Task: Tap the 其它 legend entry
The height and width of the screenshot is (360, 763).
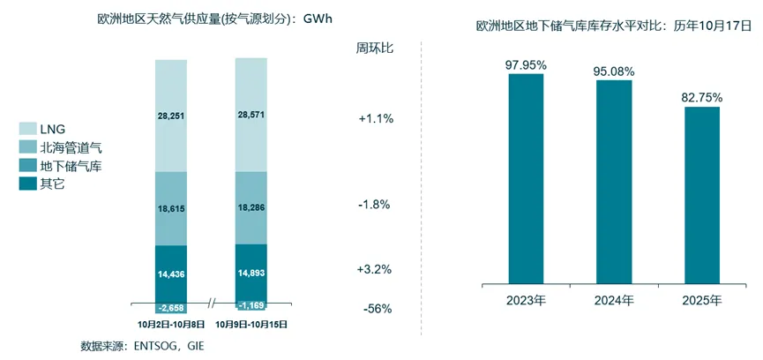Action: click(x=52, y=184)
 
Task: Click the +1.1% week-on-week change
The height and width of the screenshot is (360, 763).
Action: click(x=375, y=119)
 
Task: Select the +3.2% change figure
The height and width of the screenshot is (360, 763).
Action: click(x=375, y=269)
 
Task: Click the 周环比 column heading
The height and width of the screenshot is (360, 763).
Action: click(x=375, y=48)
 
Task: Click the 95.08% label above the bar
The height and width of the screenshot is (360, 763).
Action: click(x=614, y=70)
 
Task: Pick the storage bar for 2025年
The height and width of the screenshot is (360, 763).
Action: click(x=702, y=195)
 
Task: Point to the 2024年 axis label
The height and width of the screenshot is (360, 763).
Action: click(x=614, y=301)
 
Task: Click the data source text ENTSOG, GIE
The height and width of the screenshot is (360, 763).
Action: click(x=141, y=345)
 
